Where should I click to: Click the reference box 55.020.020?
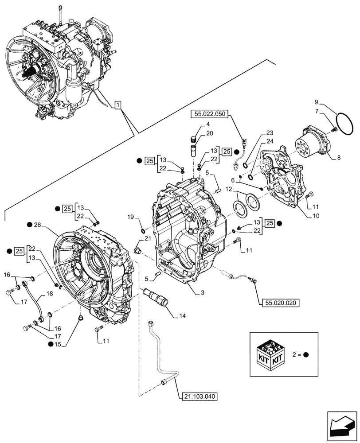coord(278,303)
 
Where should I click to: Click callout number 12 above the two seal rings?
coord(228,190)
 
